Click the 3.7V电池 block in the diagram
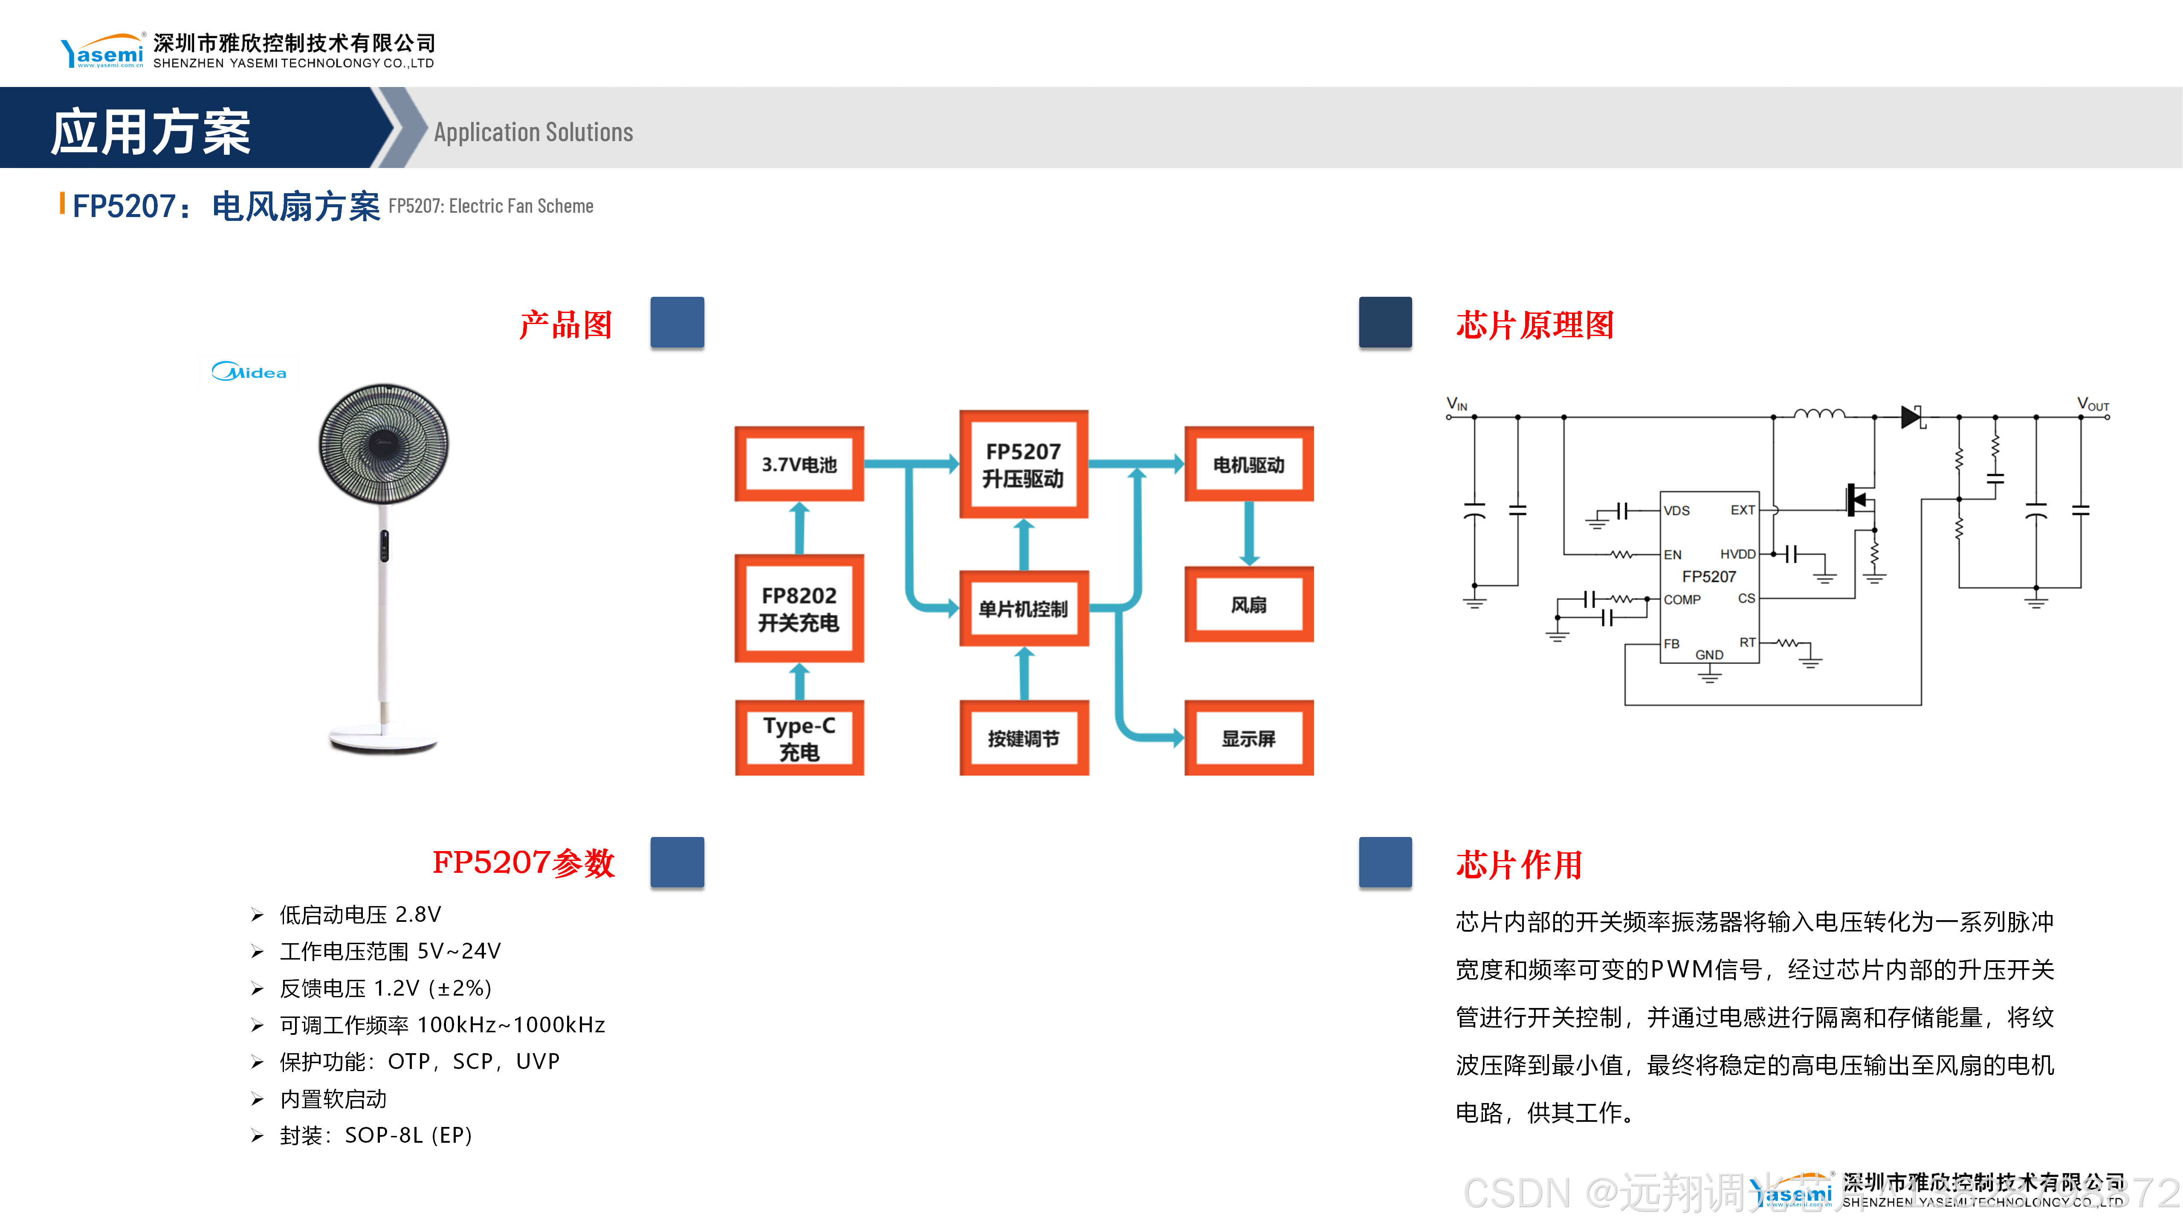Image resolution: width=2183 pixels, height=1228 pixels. click(799, 464)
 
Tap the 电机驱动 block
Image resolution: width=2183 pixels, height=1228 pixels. click(1248, 464)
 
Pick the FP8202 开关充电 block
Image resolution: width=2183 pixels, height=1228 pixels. click(799, 608)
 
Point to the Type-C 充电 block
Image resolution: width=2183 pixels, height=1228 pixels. click(799, 738)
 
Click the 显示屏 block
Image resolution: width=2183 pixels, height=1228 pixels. click(1248, 738)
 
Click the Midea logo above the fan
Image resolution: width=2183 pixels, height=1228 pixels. click(249, 372)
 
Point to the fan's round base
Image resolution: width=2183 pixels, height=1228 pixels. click(383, 740)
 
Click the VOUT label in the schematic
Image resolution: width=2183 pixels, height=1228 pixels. click(2092, 404)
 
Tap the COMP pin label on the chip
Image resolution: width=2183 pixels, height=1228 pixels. click(1681, 599)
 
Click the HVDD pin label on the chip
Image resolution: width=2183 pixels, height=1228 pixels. click(1737, 554)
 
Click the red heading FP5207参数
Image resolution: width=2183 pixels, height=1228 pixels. click(523, 863)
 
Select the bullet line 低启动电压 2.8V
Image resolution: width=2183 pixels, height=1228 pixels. click(360, 915)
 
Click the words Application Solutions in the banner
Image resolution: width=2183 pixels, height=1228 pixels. click(533, 132)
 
